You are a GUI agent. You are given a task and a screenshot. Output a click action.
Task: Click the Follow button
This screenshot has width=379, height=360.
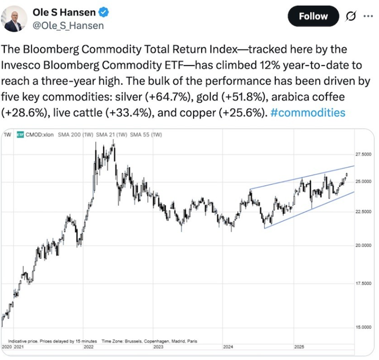point(313,17)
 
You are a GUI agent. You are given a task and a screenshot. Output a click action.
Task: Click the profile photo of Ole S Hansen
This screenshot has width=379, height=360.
point(15,19)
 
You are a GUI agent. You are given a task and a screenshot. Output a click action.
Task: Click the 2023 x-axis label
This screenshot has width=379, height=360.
point(159,346)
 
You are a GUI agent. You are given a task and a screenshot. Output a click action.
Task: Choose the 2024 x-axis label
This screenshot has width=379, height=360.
point(228,346)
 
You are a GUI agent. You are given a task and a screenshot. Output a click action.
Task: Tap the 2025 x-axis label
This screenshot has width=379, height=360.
point(299,346)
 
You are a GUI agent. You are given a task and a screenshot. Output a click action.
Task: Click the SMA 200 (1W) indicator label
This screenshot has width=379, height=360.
point(74,135)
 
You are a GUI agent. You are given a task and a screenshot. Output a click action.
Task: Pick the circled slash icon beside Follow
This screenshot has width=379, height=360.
point(350,17)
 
